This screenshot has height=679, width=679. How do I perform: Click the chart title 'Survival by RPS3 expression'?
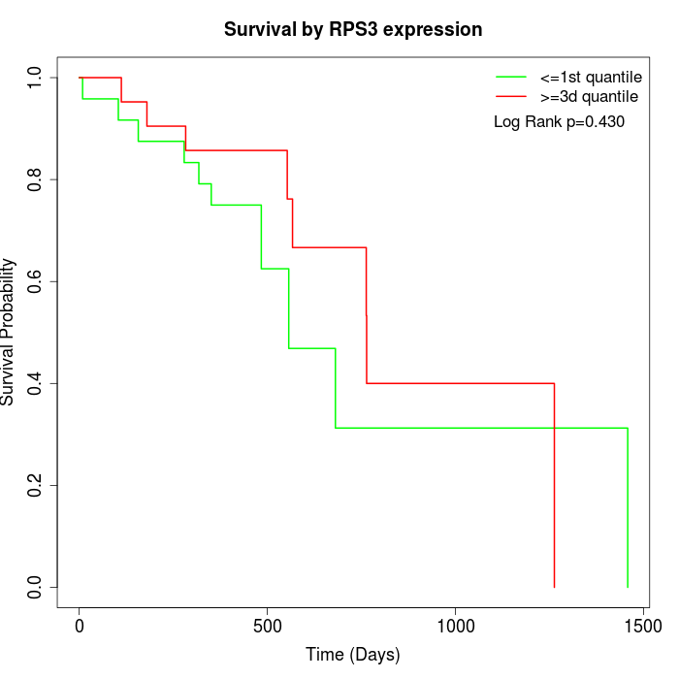(x=353, y=30)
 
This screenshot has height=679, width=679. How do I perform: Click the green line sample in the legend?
(x=511, y=77)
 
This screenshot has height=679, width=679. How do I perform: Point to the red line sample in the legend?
(x=511, y=97)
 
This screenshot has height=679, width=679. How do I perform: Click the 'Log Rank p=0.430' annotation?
(x=559, y=122)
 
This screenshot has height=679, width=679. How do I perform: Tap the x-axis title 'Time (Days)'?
(x=353, y=655)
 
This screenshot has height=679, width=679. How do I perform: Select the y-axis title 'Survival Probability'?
(x=9, y=332)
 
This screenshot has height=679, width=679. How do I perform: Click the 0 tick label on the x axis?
(x=80, y=626)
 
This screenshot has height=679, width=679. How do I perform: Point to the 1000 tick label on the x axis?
(x=455, y=626)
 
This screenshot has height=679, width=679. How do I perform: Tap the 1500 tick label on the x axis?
(x=642, y=626)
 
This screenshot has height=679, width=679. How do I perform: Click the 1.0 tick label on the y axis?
(x=36, y=78)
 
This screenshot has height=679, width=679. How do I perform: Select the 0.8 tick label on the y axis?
(x=36, y=179)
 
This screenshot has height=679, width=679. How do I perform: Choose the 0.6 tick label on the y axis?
(x=36, y=281)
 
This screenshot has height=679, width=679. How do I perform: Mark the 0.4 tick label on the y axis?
(x=36, y=383)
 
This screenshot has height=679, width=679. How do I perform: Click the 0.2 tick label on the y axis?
(x=36, y=485)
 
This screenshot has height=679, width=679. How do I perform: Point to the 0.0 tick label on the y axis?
(x=36, y=587)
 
